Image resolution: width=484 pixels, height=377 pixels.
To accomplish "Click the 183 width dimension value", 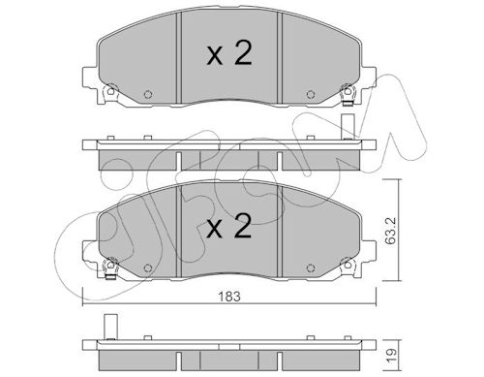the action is point(229,297).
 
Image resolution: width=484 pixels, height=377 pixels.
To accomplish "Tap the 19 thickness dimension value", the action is point(391,356).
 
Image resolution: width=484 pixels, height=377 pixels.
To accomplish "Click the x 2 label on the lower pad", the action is point(229,227).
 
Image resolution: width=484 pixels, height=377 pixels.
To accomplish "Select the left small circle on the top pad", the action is point(148,94).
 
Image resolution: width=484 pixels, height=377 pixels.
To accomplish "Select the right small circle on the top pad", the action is point(311,94).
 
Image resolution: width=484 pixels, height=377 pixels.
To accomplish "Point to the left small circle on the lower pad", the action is point(148,267).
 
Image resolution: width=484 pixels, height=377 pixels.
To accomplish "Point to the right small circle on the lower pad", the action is point(311,267).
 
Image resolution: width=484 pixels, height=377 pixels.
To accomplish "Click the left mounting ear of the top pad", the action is point(90,78).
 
